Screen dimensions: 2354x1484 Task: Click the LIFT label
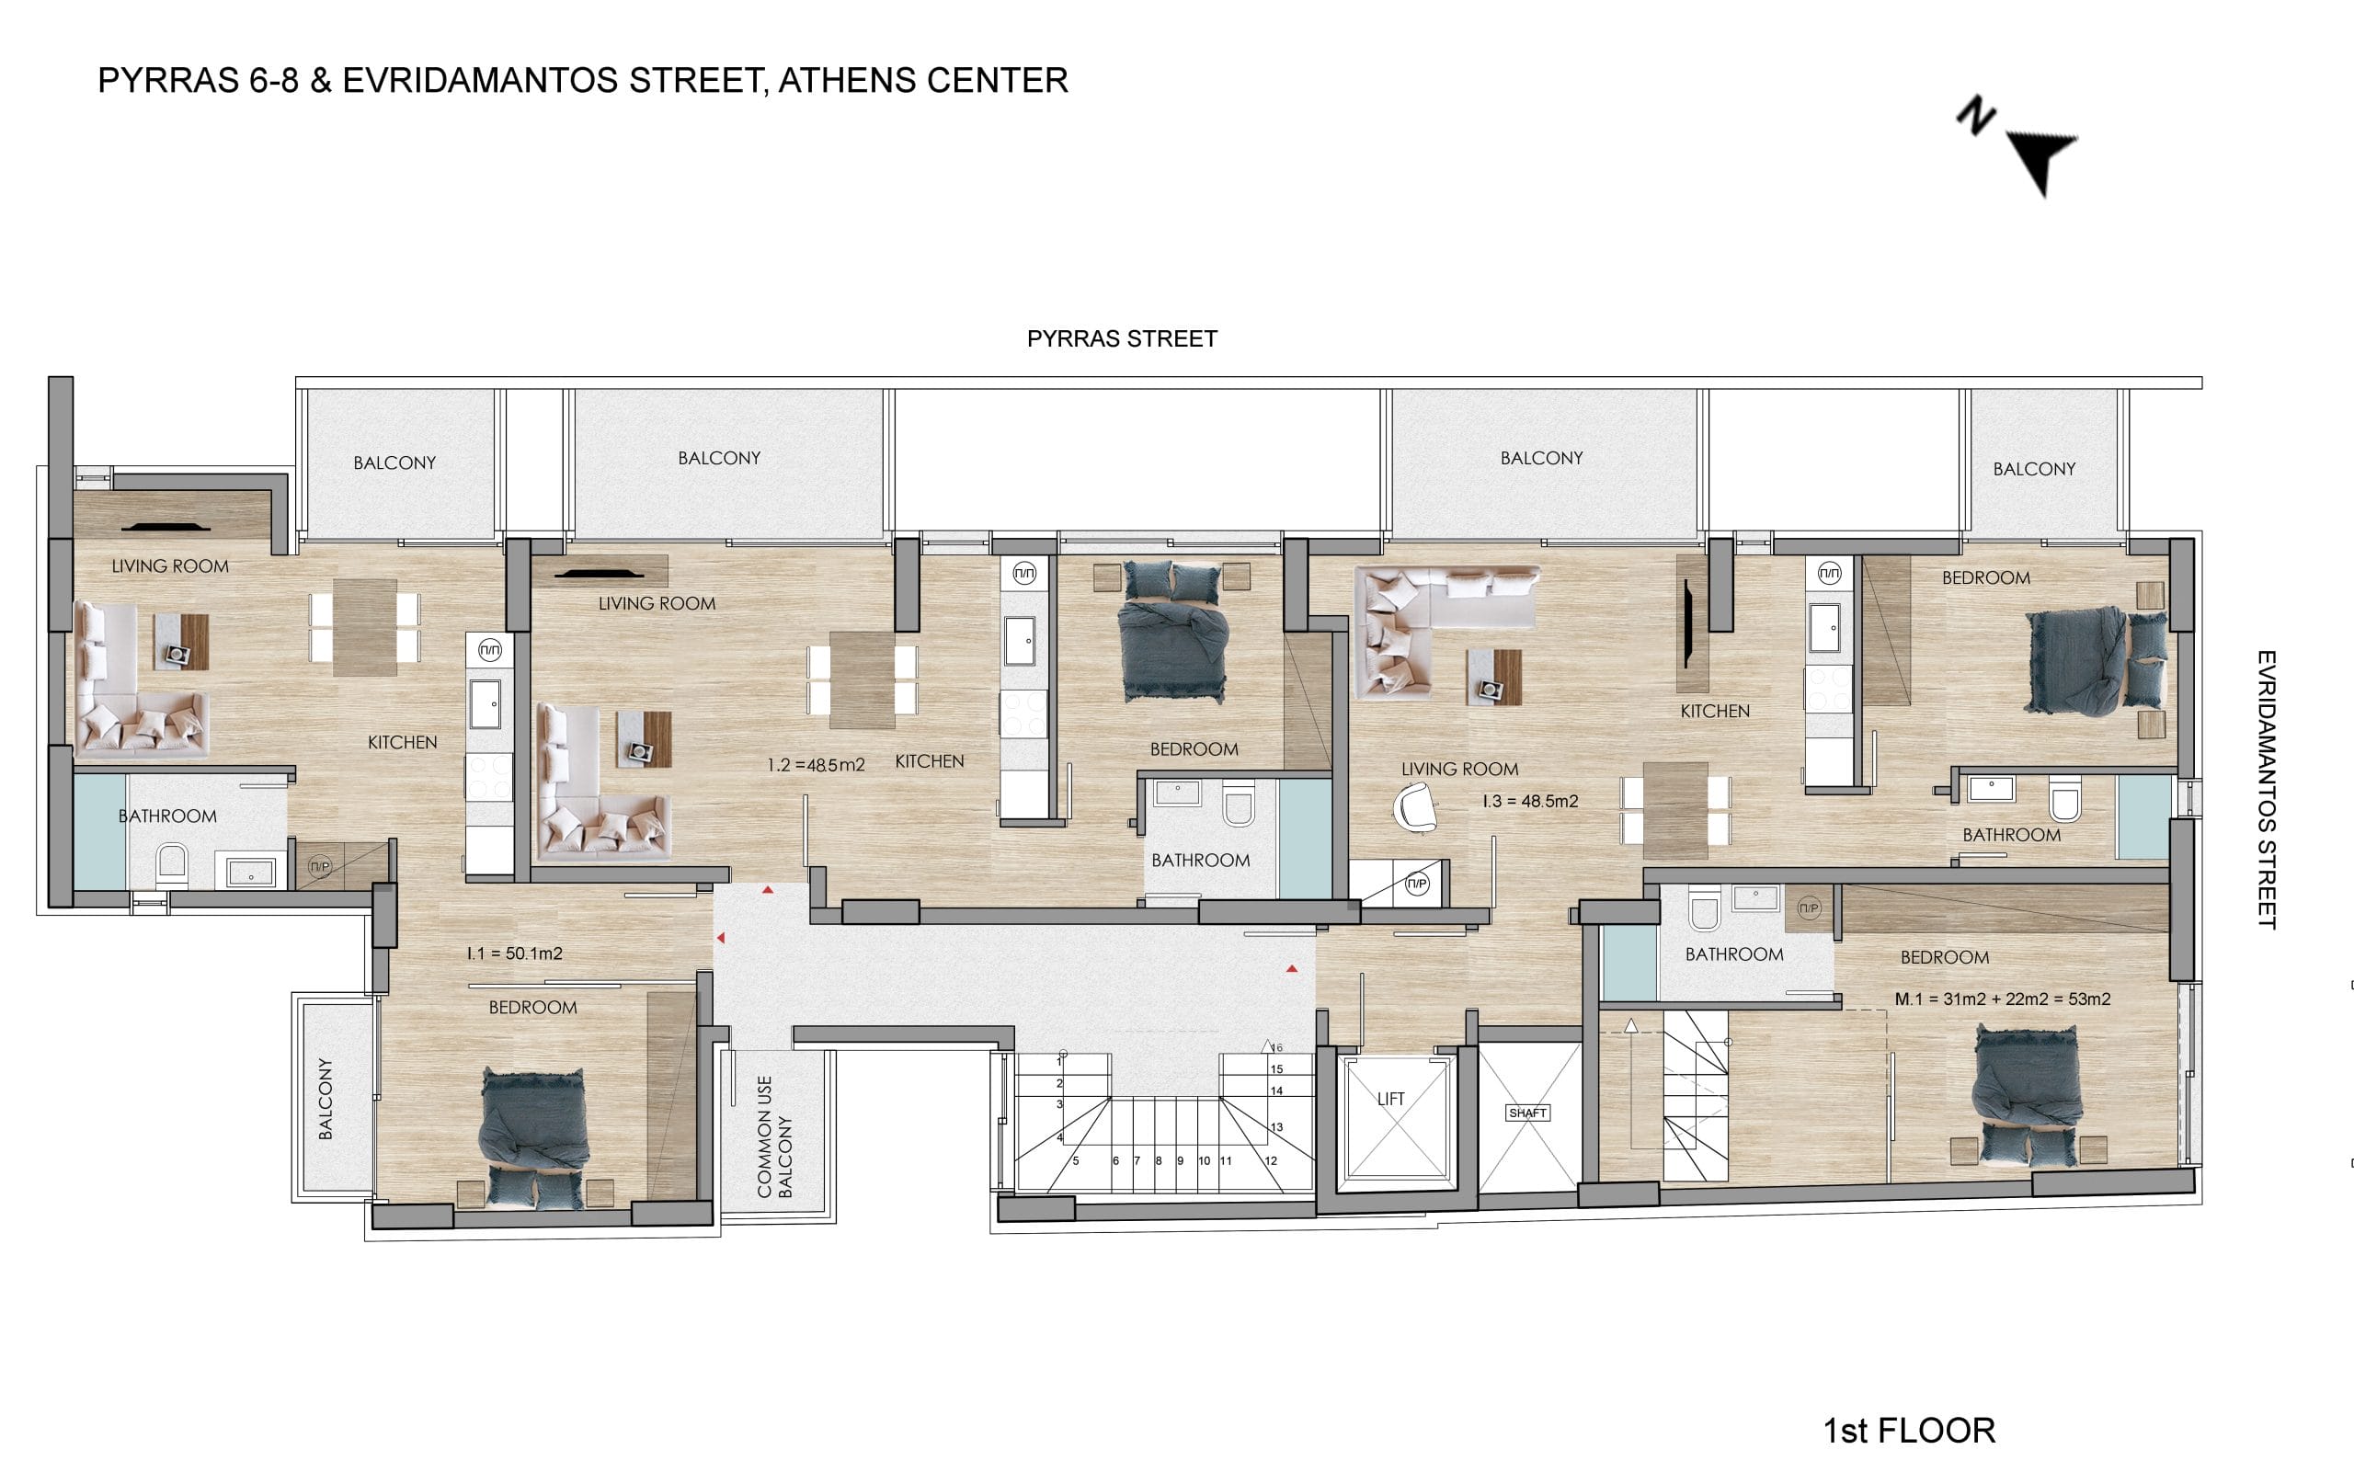tap(1390, 1099)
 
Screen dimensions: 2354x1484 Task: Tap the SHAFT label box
tap(1527, 1113)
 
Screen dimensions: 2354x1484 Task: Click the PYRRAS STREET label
tap(1122, 338)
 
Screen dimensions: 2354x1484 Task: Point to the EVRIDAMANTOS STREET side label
tap(2267, 789)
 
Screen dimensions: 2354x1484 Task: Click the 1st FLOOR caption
tap(1909, 1431)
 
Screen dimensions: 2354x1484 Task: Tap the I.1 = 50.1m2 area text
tap(514, 953)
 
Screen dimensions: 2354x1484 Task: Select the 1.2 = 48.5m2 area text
tap(817, 764)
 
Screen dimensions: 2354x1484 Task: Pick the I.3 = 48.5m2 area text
tap(1530, 801)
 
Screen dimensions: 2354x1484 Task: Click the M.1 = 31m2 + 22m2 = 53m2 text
tap(2002, 999)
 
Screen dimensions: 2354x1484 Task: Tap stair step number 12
tap(1271, 1161)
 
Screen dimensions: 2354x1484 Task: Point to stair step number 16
tap(1276, 1048)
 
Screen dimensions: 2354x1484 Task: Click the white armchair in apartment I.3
tap(1414, 808)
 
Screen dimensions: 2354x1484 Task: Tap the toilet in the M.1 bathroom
tap(1703, 910)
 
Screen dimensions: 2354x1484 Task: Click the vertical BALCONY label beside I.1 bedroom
tap(326, 1098)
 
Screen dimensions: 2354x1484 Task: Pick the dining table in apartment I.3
tap(1675, 810)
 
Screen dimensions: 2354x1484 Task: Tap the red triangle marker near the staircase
tap(1291, 969)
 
